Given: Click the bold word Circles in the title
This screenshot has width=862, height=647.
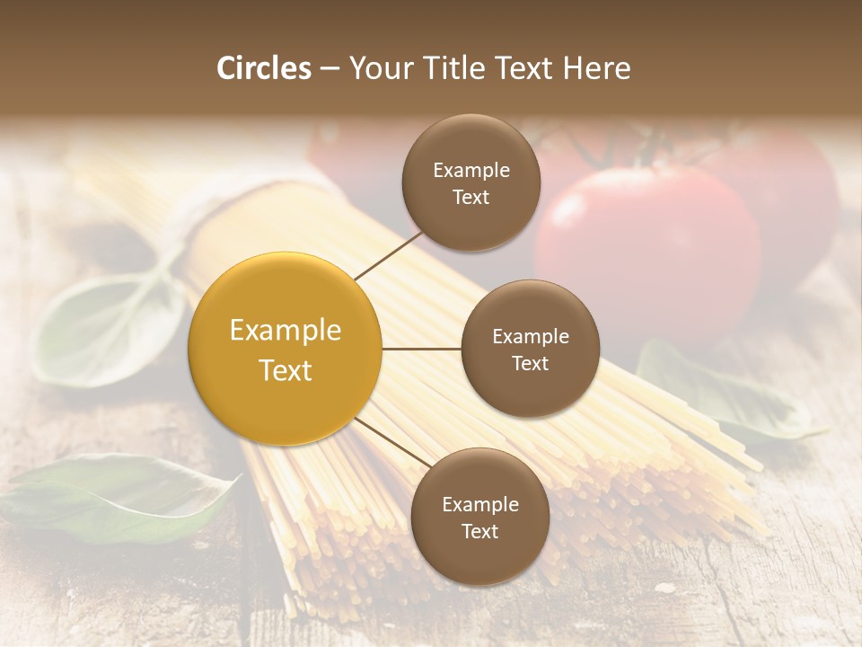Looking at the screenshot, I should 263,68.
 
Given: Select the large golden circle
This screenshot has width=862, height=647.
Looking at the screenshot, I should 286,349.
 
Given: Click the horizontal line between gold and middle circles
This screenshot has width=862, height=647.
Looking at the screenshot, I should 422,349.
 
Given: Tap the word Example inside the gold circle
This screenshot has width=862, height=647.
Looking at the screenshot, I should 286,331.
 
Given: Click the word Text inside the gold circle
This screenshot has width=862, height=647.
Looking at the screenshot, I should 286,370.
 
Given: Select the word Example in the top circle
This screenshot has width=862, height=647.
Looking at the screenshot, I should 471,171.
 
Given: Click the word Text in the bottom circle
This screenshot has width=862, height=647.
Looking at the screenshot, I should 479,532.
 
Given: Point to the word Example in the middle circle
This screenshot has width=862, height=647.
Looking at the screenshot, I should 531,337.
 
